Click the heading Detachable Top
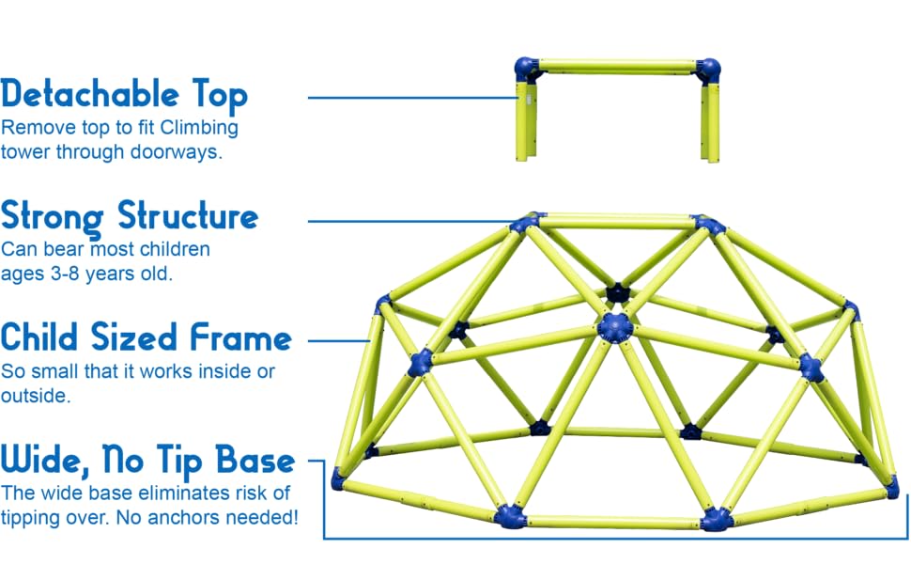tap(124, 95)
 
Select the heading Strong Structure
tap(130, 217)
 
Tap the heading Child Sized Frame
tap(146, 337)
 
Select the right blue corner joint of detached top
tap(709, 70)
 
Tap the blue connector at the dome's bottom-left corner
tap(339, 479)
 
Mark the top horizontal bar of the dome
tap(615, 222)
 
